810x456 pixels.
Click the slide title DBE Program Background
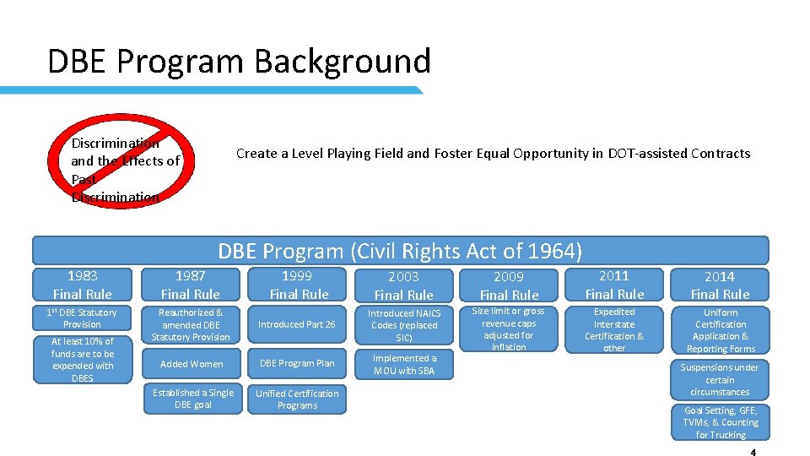point(239,62)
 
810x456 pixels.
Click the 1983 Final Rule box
point(82,285)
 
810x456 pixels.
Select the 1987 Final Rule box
point(190,285)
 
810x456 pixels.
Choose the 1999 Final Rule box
point(298,285)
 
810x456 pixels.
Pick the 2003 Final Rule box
point(403,285)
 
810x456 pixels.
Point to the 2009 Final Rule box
point(509,285)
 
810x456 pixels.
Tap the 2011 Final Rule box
point(614,285)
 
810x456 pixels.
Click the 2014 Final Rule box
point(720,285)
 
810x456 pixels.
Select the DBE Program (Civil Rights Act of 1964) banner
point(400,251)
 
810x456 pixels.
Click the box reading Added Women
point(190,364)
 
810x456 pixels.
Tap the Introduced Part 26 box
point(297,324)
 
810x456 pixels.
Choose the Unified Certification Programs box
point(297,399)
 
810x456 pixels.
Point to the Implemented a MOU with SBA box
point(403,364)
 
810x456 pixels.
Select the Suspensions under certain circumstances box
point(720,380)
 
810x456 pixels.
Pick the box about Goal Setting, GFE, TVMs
point(721,422)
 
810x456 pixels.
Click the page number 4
point(753,452)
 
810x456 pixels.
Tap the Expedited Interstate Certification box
point(614,329)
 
